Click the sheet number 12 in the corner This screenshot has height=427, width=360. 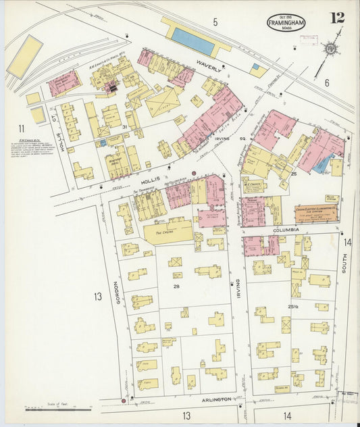pyautogui.click(x=336, y=18)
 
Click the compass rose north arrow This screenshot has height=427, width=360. pyautogui.click(x=330, y=48)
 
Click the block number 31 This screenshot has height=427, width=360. pyautogui.click(x=124, y=127)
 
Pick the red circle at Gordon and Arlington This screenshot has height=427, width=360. pyautogui.click(x=124, y=401)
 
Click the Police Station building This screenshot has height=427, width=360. pyautogui.click(x=331, y=199)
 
